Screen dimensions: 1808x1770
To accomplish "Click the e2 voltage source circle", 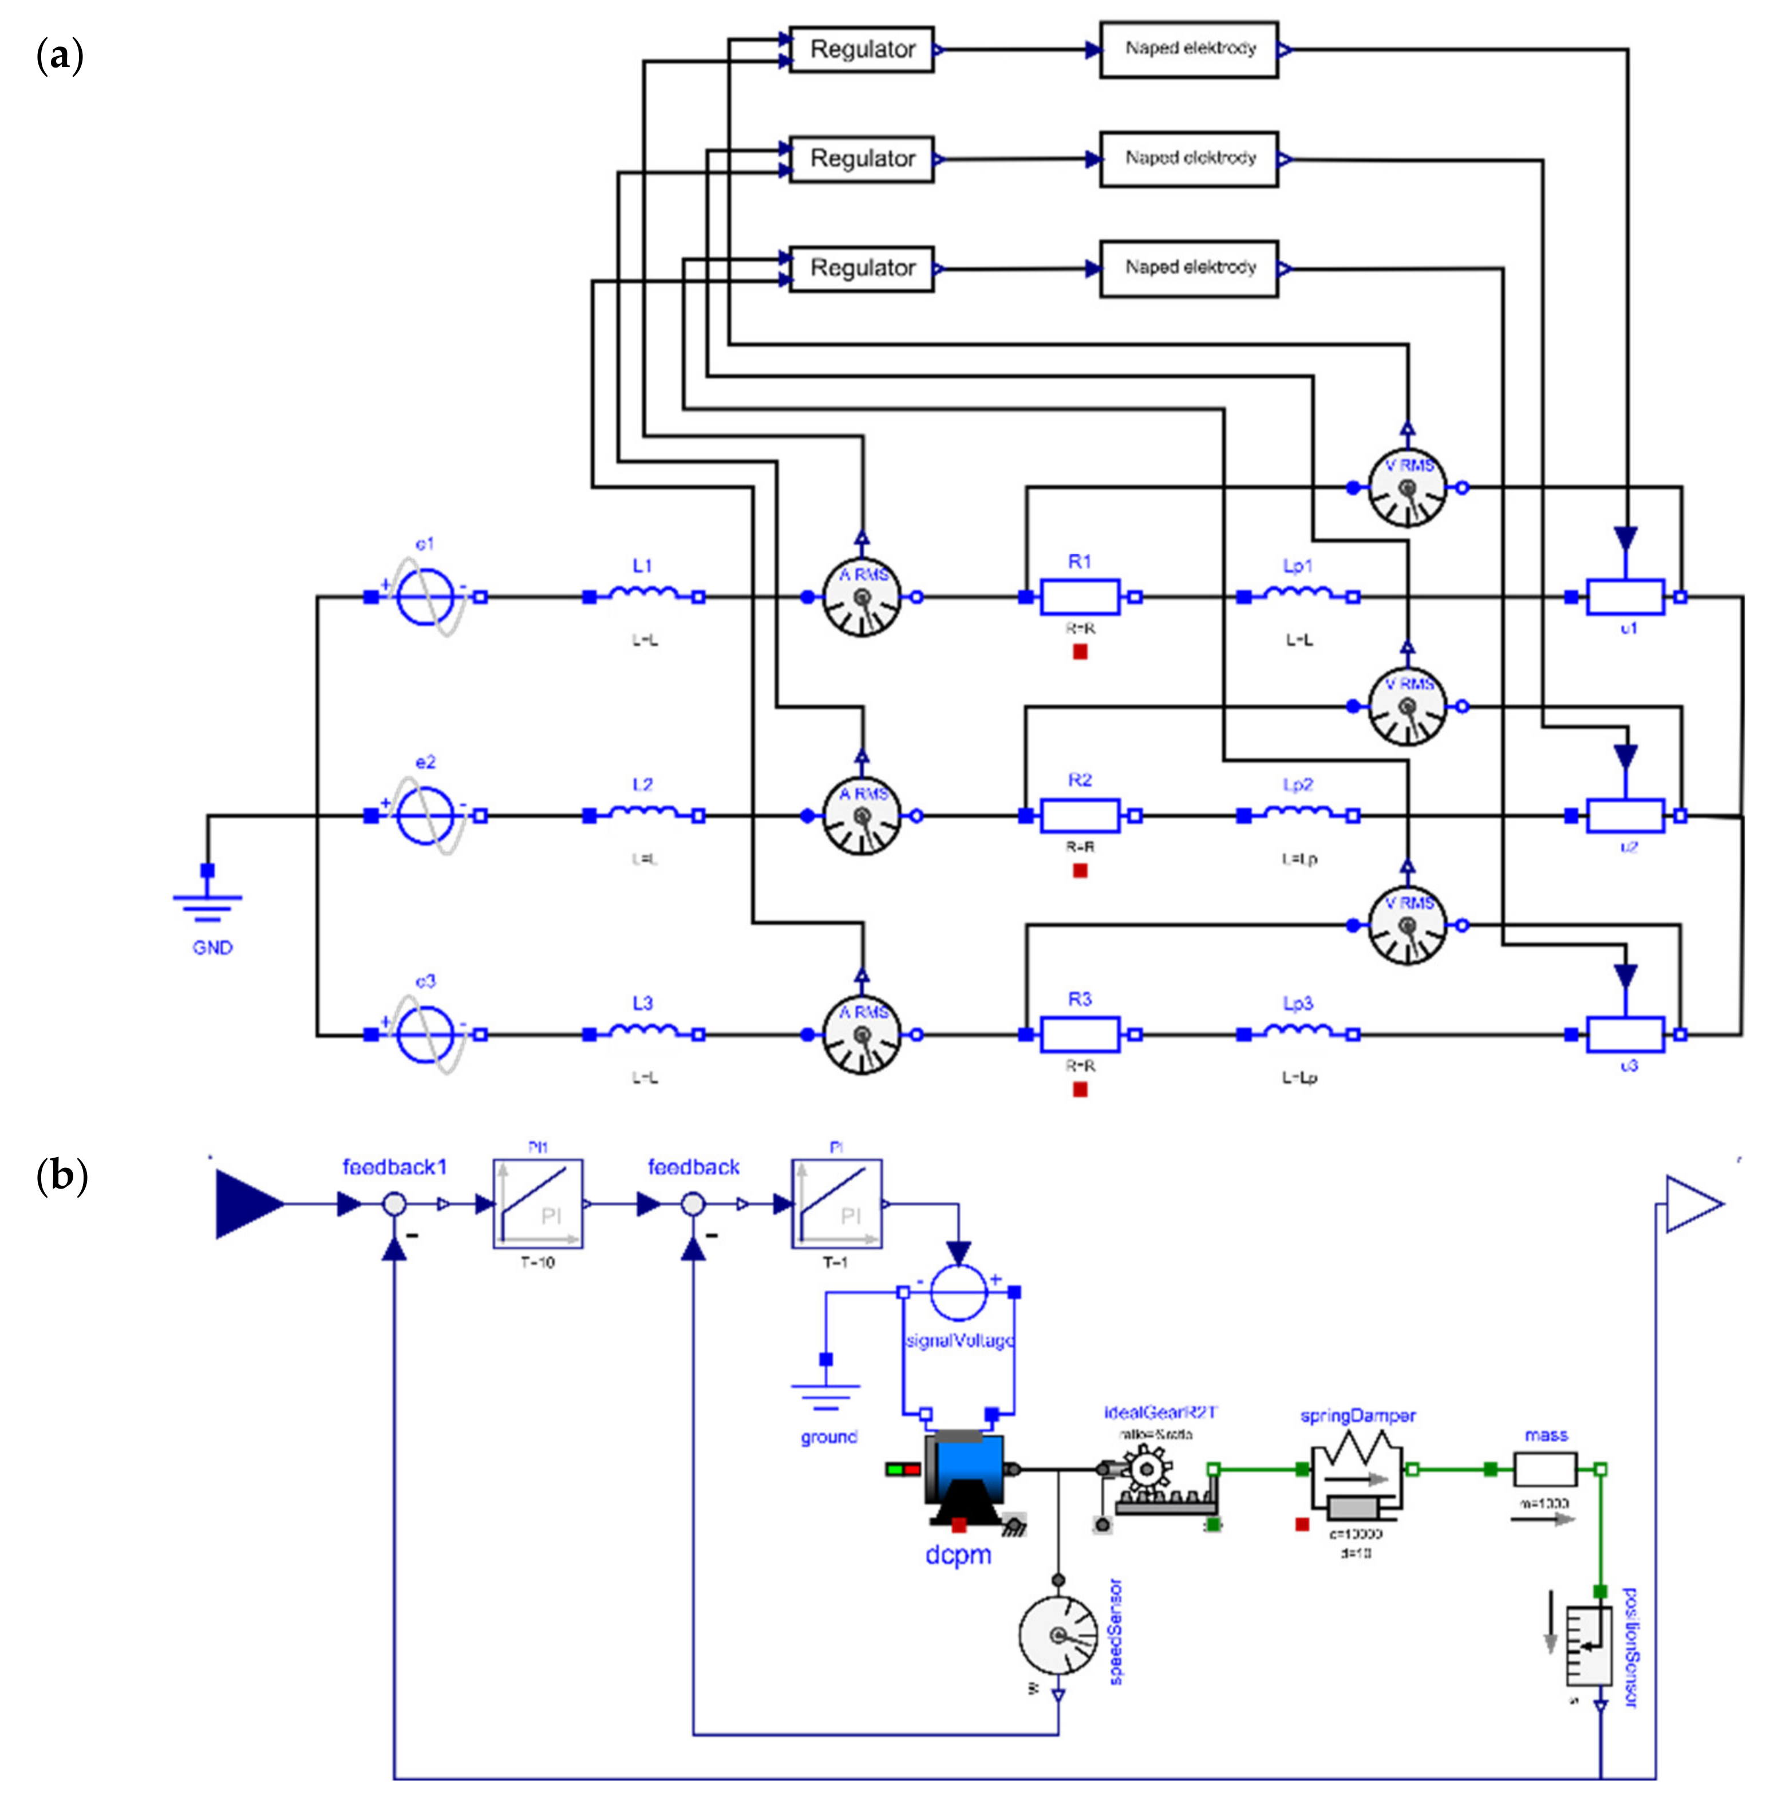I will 425,816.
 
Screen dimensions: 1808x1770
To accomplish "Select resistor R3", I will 1079,1033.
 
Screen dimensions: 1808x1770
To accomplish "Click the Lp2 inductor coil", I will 1298,814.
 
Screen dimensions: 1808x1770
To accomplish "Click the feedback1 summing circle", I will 395,1205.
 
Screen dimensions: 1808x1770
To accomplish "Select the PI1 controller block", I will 538,1204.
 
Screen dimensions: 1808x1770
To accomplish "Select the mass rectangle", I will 1545,1470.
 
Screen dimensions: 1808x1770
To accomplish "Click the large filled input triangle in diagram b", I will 246,1205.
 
